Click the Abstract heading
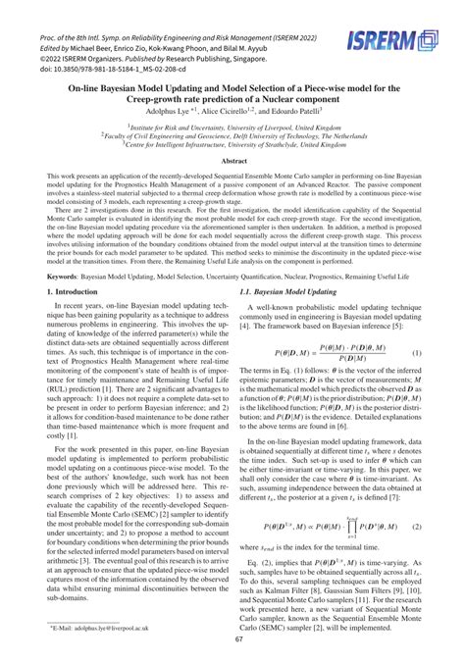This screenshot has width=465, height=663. [232, 160]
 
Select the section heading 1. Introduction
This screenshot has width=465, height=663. [63, 292]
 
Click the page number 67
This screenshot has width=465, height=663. [232, 637]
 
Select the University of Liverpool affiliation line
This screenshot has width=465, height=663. [232, 127]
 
